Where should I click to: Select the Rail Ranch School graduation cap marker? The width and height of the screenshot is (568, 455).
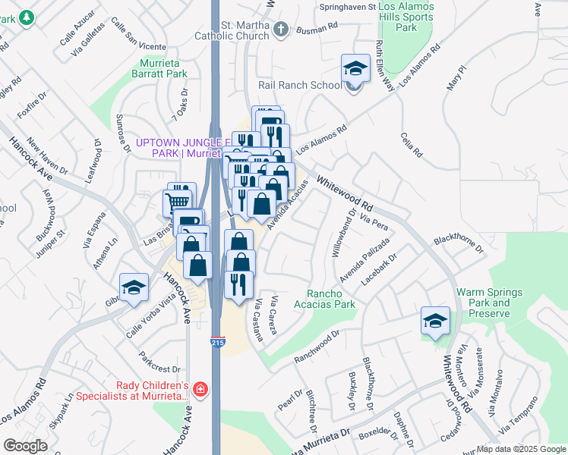pos(354,69)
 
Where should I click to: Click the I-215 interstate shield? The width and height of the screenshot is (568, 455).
pos(217,343)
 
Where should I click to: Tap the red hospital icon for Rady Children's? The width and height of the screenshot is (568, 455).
pos(200,390)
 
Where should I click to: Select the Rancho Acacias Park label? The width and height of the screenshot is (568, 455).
pos(330,299)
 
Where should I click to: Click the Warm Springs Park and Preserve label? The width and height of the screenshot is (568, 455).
pos(489,297)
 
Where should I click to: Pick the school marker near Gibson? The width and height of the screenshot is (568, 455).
pos(134,287)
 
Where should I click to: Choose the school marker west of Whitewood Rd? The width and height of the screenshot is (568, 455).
pos(436,321)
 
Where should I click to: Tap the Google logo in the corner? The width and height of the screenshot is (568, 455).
pos(24,445)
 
